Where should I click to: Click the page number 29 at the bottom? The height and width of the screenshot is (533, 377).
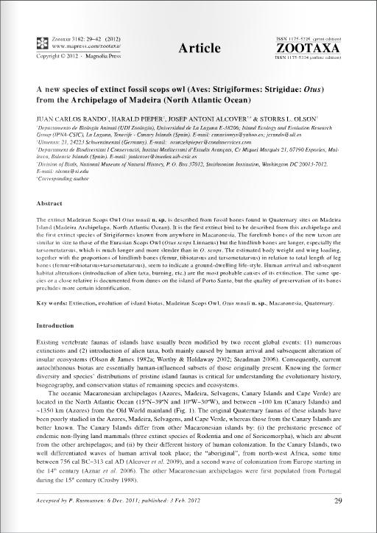338,502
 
